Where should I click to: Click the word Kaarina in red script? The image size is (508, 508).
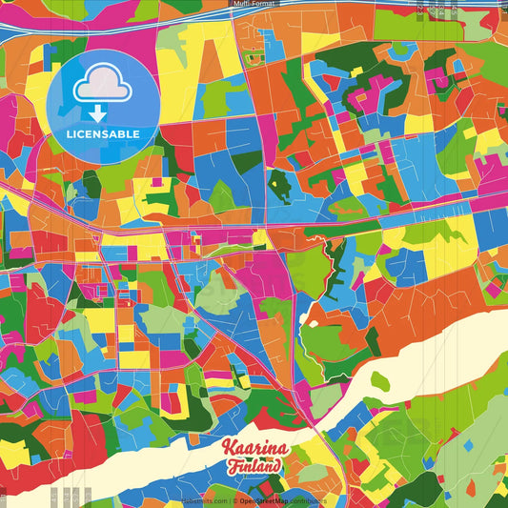[x=253, y=448]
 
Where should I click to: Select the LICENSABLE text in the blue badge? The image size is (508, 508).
[x=103, y=133]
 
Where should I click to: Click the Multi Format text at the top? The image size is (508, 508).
[x=254, y=4]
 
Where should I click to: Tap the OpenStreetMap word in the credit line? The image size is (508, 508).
[x=269, y=500]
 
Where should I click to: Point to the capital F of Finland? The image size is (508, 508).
[x=233, y=466]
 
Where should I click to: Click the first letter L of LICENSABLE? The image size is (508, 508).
[x=71, y=133]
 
